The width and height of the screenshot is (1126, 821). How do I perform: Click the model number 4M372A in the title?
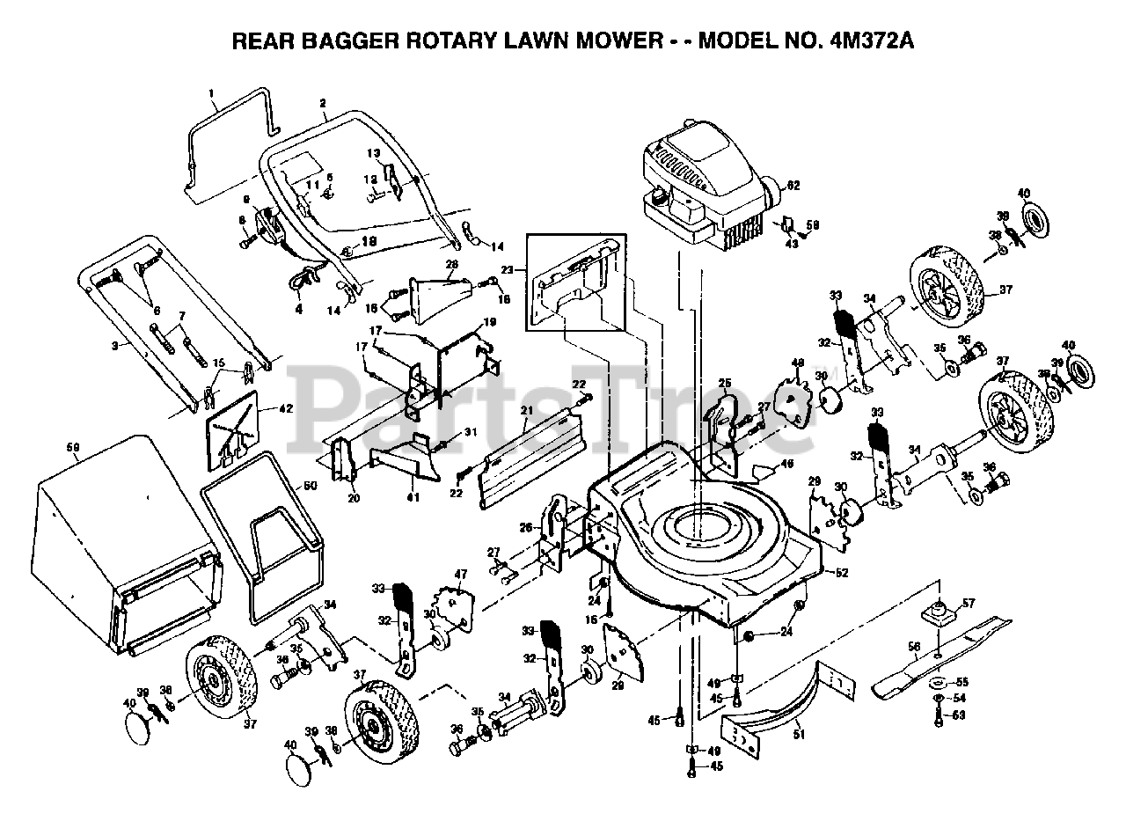tap(872, 41)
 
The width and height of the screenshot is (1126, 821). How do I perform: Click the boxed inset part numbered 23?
tap(576, 282)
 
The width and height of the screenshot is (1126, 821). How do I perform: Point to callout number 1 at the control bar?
tap(211, 93)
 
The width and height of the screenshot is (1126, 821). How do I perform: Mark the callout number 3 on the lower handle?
tap(114, 346)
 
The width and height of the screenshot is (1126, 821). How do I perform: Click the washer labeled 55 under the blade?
tap(938, 682)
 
